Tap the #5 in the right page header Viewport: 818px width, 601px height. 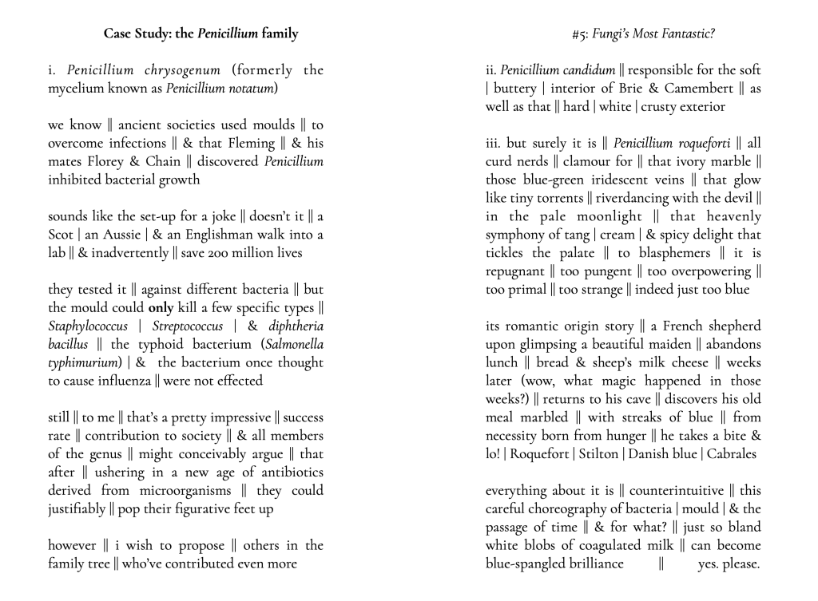(x=580, y=34)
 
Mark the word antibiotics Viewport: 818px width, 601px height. (x=284, y=472)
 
